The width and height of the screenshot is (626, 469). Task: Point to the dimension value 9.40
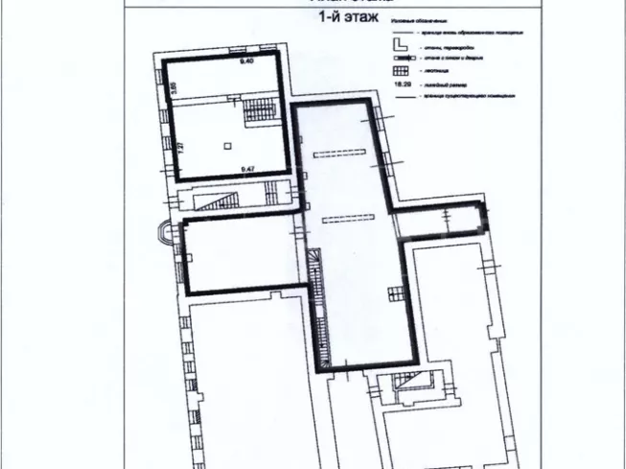point(246,62)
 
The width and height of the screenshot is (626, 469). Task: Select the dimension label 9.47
point(246,168)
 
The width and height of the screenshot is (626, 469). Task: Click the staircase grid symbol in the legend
point(401,70)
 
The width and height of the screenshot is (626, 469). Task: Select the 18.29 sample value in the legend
point(403,83)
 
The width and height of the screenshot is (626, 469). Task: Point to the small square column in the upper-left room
point(228,146)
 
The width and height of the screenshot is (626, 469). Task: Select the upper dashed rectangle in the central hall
point(338,153)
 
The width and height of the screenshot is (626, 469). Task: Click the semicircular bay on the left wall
point(170,233)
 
